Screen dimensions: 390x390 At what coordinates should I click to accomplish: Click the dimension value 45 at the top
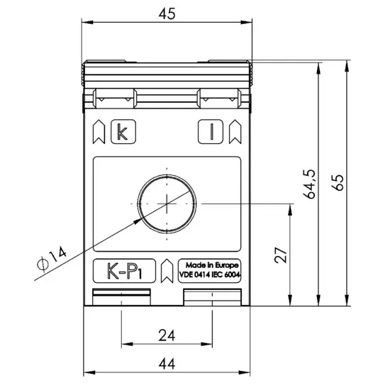coord(167,13)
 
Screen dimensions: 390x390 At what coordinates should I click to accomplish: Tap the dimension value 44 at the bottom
coord(167,364)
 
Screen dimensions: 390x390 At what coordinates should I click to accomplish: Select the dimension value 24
coord(167,335)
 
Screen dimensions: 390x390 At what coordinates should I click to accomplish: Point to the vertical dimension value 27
coord(281,255)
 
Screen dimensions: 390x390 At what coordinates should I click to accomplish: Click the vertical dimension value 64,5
coord(310,184)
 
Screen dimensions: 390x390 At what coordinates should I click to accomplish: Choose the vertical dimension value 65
coord(338,182)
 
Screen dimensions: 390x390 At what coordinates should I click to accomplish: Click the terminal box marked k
coord(123,132)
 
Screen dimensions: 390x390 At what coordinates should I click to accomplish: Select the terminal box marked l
coord(211,132)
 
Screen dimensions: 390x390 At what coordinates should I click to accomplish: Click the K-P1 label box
coord(124,271)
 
